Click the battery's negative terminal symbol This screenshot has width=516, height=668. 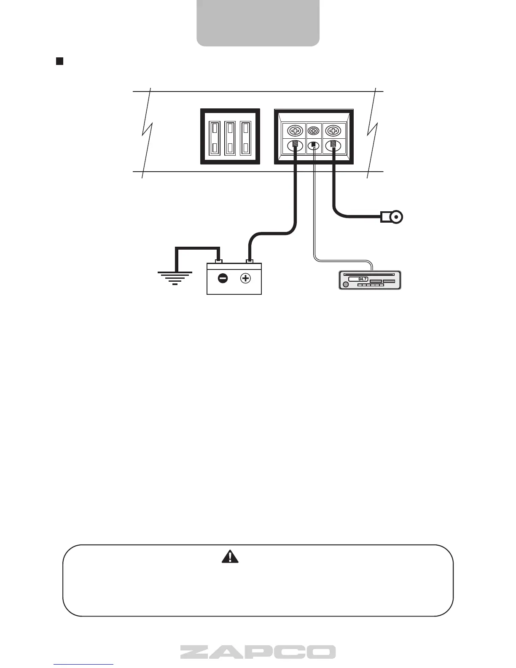(x=223, y=278)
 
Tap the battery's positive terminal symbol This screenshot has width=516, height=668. (x=245, y=278)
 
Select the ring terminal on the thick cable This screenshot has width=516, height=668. (x=395, y=217)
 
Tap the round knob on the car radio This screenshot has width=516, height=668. (x=346, y=285)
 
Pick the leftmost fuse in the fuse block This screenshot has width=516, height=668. (x=215, y=137)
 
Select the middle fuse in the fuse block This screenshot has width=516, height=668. (x=230, y=137)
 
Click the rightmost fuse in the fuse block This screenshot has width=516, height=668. (x=245, y=137)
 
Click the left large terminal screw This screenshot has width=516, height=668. (x=294, y=130)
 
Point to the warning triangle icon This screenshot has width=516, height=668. (x=230, y=556)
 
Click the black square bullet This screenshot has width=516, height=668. (x=59, y=62)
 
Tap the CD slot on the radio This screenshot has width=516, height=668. (x=369, y=274)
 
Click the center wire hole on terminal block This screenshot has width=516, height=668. (x=314, y=145)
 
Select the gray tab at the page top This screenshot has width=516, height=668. (x=258, y=23)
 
